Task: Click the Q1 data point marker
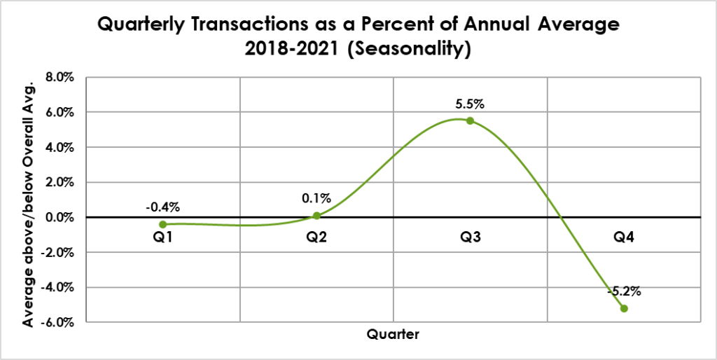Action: pyautogui.click(x=163, y=224)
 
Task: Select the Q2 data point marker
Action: pyautogui.click(x=316, y=216)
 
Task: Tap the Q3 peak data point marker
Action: pyautogui.click(x=470, y=120)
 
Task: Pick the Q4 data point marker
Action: pyautogui.click(x=624, y=308)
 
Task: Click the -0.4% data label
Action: pyautogui.click(x=163, y=208)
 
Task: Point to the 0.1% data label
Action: pyautogui.click(x=317, y=199)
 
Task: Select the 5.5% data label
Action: pyautogui.click(x=470, y=104)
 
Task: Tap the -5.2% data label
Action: pyautogui.click(x=624, y=291)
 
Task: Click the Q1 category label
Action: pyautogui.click(x=163, y=237)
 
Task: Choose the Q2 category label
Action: pyautogui.click(x=317, y=237)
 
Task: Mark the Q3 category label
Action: pyautogui.click(x=471, y=237)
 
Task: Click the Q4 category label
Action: pyautogui.click(x=624, y=237)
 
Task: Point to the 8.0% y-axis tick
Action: pyautogui.click(x=60, y=77)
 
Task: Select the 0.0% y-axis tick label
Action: pyautogui.click(x=60, y=217)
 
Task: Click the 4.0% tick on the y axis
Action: pyautogui.click(x=60, y=147)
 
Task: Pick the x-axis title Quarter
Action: pyautogui.click(x=394, y=335)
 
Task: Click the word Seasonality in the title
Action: pyautogui.click(x=411, y=50)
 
